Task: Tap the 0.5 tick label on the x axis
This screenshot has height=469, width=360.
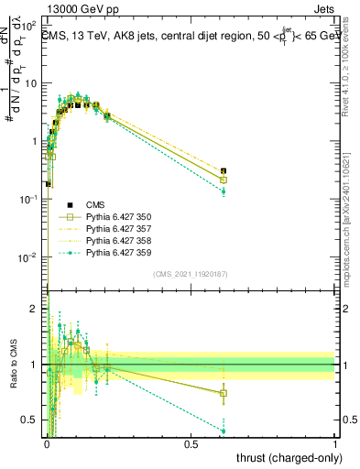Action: (191, 443)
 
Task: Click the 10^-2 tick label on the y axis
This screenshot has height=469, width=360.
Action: (30, 257)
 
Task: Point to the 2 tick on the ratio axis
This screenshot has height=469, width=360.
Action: (37, 309)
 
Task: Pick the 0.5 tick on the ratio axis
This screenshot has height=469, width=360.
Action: (32, 420)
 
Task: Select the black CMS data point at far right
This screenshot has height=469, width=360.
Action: (224, 171)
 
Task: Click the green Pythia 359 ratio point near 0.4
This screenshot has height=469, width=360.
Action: (224, 431)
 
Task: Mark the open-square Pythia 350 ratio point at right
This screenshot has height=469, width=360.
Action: (224, 393)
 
